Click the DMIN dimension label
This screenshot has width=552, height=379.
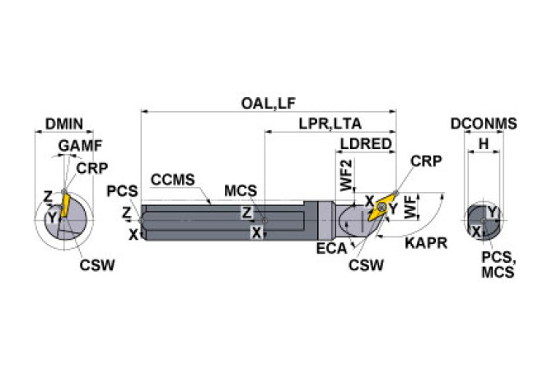64,124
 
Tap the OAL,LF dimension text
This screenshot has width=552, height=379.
268,104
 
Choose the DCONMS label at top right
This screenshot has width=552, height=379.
484,124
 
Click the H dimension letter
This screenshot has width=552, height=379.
484,144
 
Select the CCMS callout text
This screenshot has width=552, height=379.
172,179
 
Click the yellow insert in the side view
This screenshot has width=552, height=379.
383,208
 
